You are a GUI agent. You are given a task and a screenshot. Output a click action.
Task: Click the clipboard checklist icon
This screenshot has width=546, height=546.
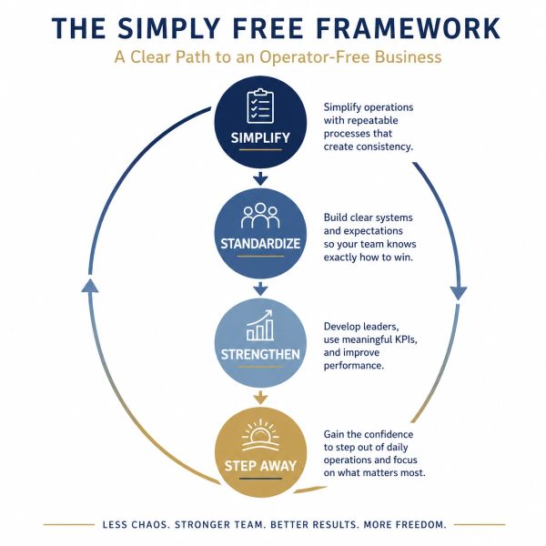[260, 106]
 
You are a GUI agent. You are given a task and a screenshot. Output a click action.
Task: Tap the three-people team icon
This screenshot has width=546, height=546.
[260, 216]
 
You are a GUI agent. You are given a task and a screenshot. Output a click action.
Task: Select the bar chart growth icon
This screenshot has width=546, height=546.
[259, 325]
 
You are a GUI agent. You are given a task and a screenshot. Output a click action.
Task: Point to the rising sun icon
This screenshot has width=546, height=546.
[260, 437]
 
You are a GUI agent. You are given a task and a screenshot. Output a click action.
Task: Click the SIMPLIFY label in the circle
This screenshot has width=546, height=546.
[260, 138]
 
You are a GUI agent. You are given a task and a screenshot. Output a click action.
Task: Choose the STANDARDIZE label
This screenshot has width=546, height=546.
[260, 244]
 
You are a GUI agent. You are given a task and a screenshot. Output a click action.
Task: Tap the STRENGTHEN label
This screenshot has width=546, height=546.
[260, 355]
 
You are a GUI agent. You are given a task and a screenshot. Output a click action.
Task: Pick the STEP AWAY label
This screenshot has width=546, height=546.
[260, 466]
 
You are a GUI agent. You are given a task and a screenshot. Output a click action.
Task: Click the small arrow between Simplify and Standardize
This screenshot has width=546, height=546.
[260, 178]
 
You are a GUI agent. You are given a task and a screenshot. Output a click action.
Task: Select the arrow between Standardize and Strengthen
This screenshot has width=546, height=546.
[260, 288]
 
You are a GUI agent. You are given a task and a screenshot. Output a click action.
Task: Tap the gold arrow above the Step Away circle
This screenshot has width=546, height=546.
[260, 398]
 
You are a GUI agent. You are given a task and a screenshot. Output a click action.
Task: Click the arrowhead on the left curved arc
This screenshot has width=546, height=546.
[90, 286]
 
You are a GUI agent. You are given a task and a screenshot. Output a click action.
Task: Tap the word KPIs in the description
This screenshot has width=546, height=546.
[406, 339]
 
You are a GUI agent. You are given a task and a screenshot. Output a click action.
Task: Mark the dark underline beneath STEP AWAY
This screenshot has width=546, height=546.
[260, 479]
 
